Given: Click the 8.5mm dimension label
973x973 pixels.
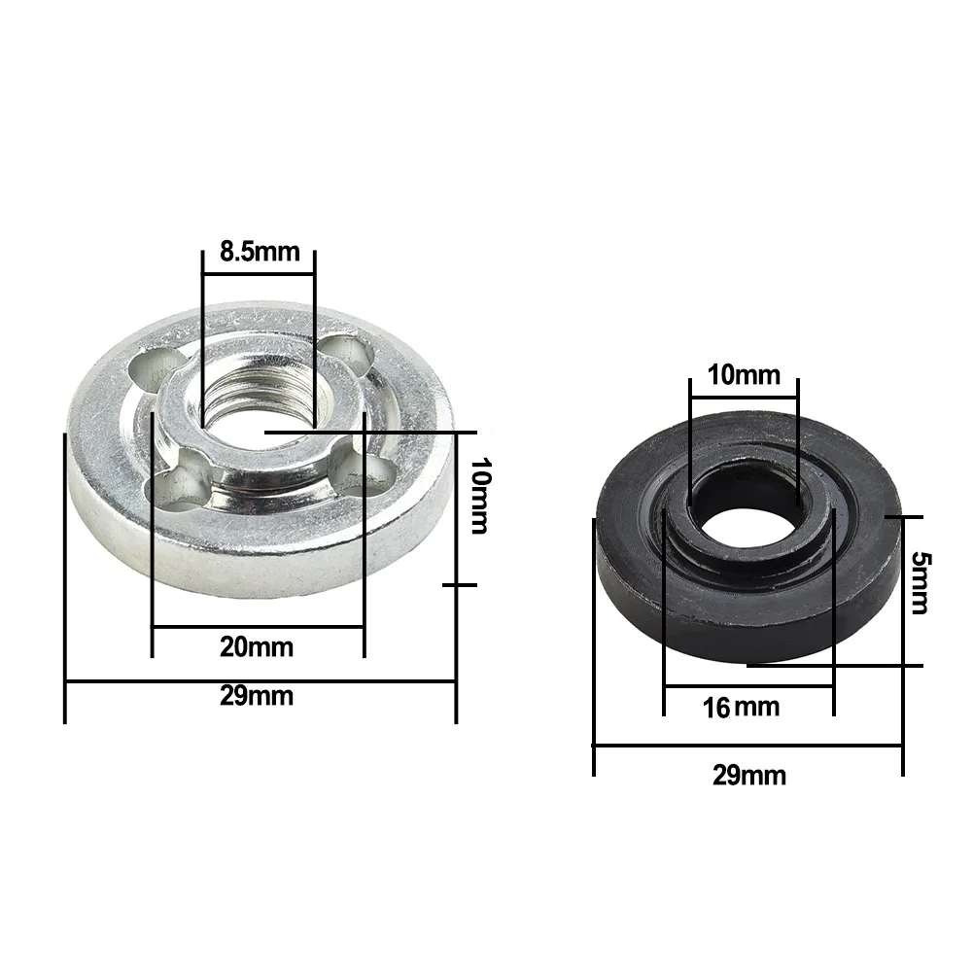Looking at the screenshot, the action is (260, 252).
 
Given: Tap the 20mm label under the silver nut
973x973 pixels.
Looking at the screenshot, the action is (257, 647).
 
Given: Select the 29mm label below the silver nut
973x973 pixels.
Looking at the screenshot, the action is (257, 696).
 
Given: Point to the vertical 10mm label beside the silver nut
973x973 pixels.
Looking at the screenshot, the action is (479, 496).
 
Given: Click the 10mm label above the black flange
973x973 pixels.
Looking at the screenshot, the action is (744, 375).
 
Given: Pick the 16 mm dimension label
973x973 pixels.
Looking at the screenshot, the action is (741, 708).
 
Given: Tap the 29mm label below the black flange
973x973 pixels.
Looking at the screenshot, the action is (749, 775).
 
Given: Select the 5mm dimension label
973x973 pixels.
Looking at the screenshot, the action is (921, 582).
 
